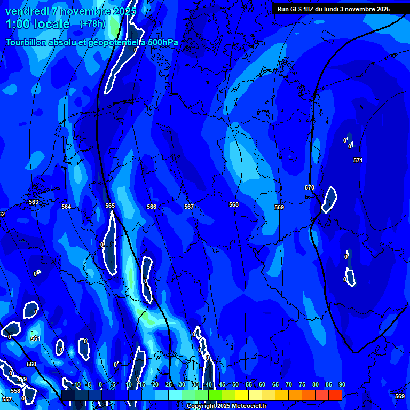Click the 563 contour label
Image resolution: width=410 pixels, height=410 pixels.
34,202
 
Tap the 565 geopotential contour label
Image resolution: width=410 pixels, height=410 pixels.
110,206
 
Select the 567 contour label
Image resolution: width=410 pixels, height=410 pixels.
188,207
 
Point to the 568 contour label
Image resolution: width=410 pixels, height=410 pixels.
234,204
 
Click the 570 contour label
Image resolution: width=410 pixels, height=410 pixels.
310,187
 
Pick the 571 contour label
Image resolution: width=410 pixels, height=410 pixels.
358,160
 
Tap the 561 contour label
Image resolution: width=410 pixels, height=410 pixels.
35,338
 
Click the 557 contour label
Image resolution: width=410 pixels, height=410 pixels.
6,399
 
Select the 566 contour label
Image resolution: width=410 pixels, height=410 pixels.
152,207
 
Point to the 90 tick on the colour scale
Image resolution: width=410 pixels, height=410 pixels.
342,384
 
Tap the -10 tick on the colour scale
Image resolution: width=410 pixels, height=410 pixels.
76,384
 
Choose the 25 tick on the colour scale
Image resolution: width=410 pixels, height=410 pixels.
169,384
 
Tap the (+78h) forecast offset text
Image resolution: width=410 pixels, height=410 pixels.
92,23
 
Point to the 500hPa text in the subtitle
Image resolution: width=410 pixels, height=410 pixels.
163,42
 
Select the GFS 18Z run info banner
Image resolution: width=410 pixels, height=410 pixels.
334,9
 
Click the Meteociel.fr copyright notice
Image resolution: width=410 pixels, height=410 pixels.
226,406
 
